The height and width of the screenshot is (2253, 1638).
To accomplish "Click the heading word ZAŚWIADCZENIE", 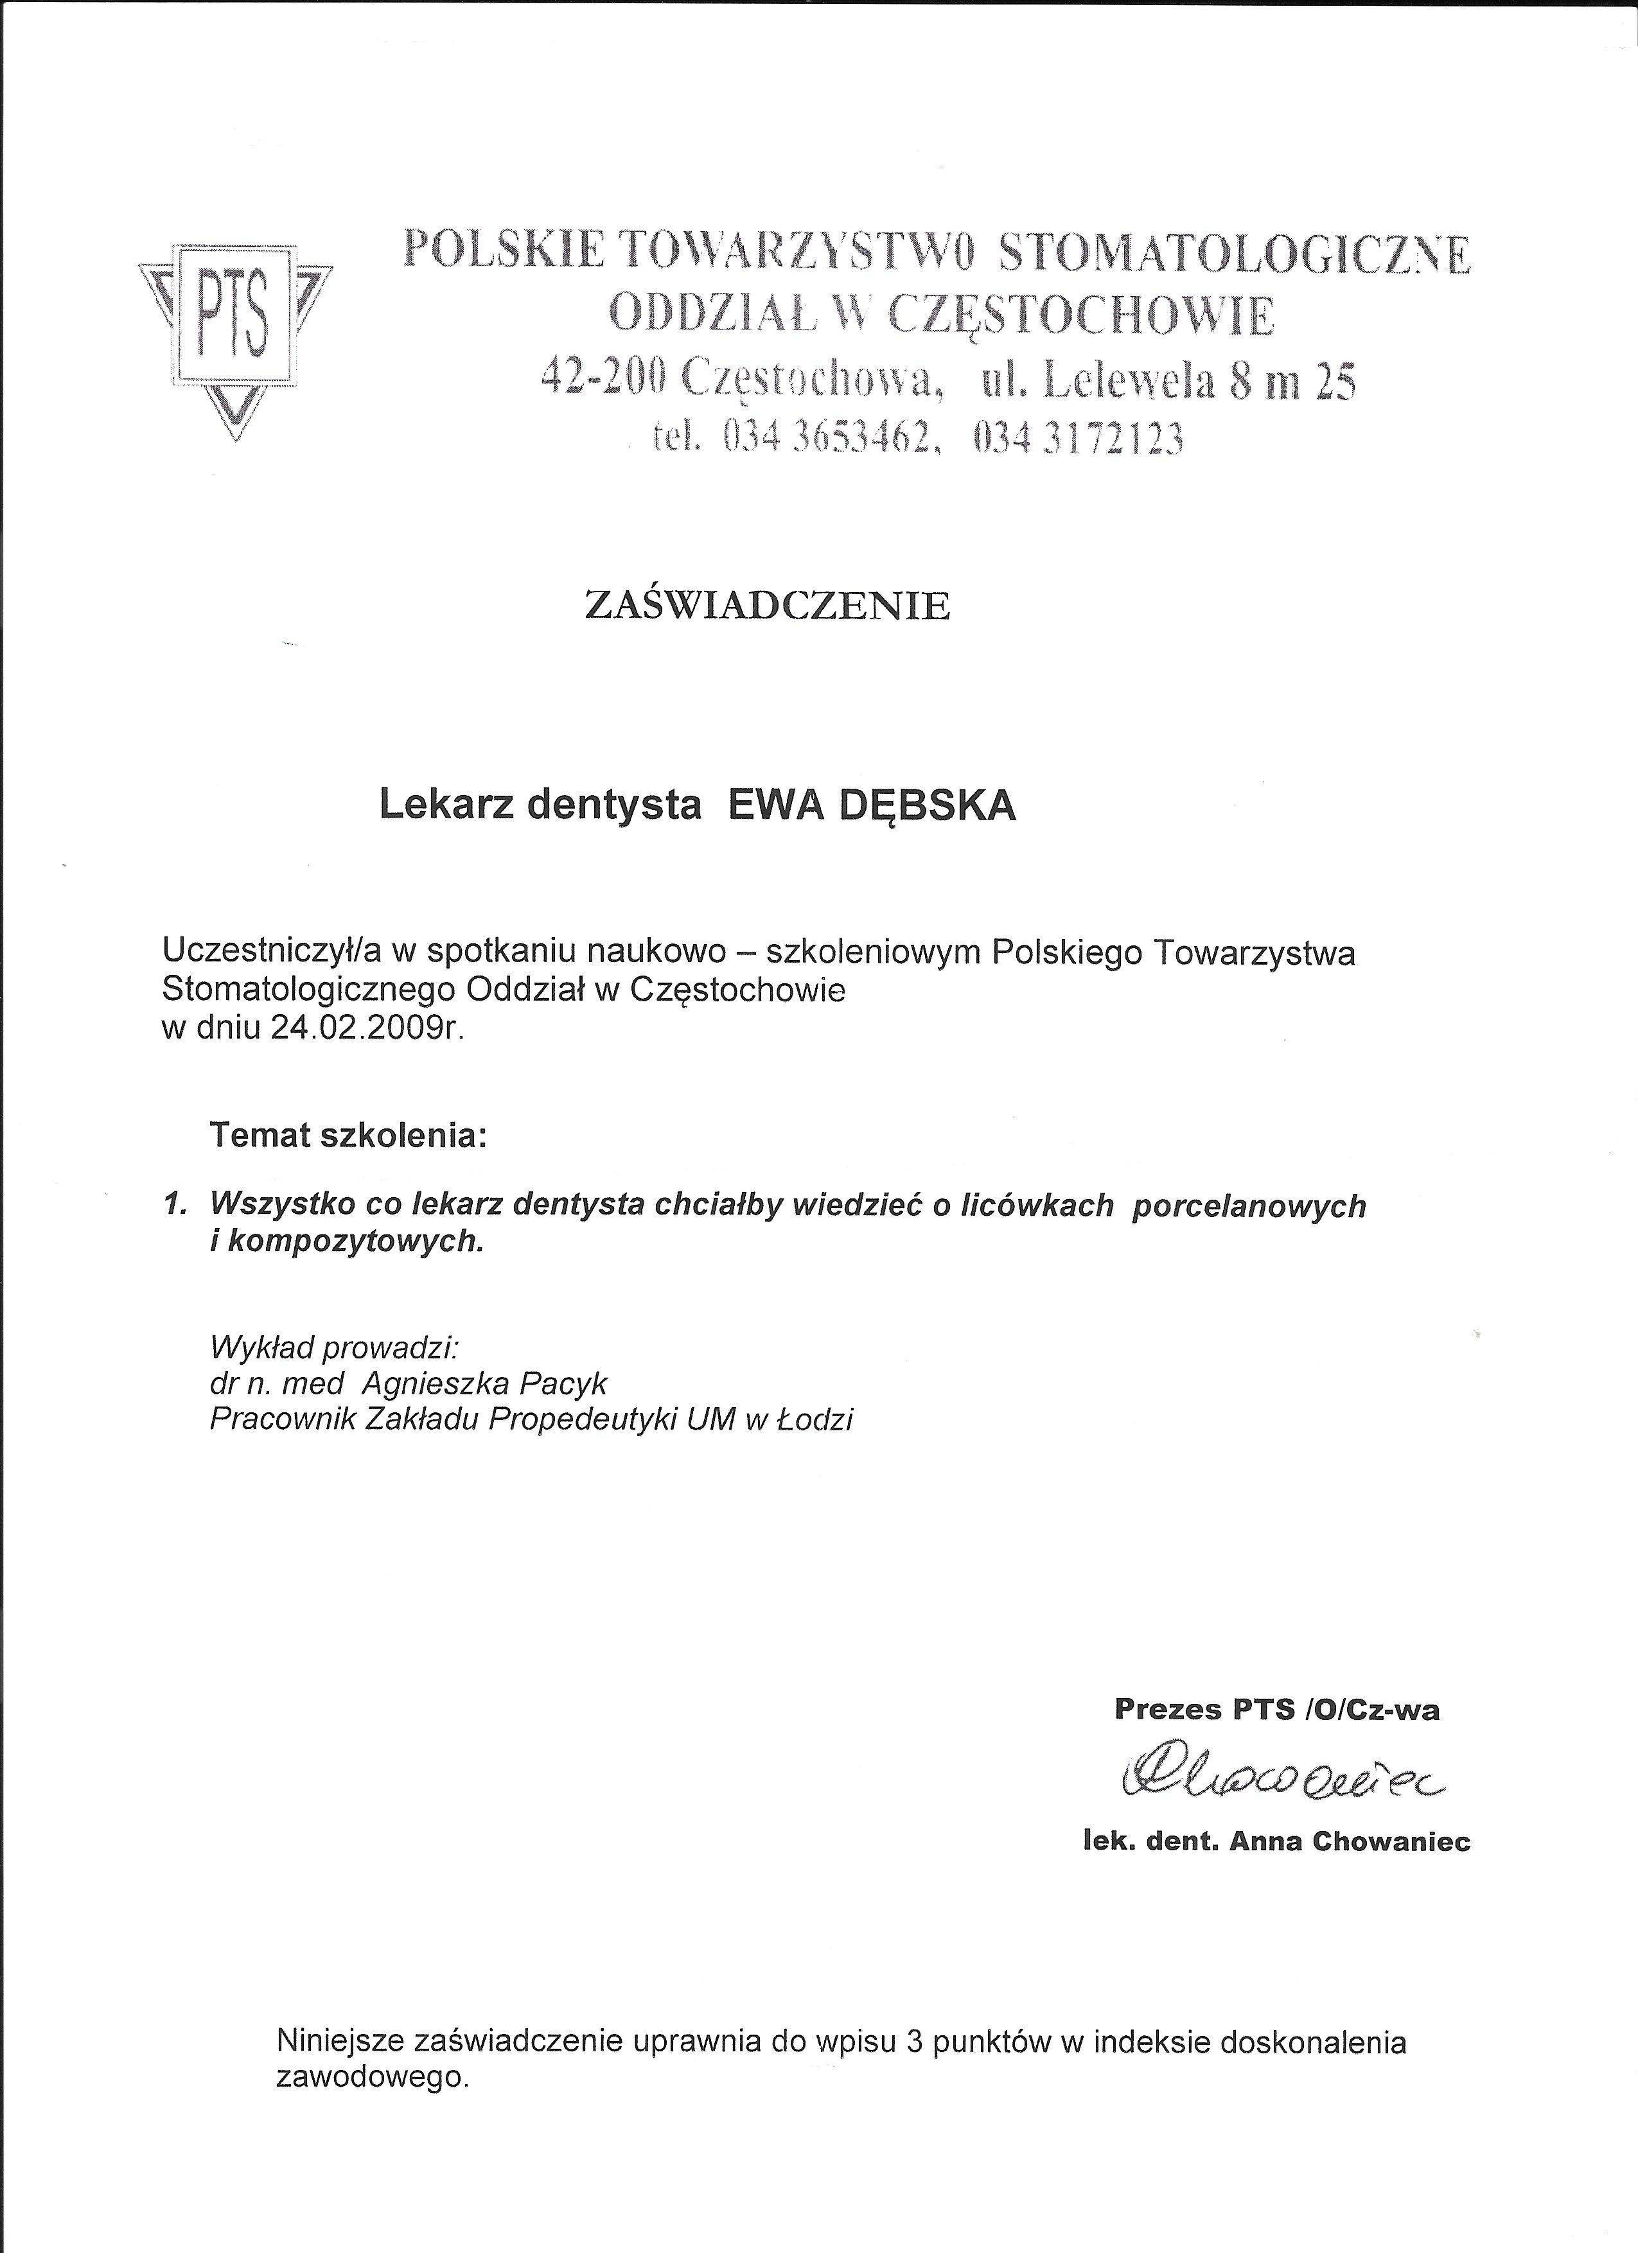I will (767, 606).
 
